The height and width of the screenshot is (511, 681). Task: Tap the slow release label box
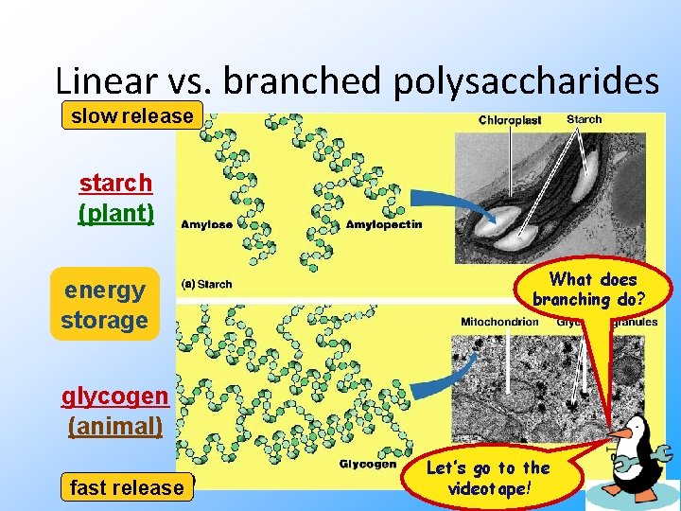(132, 116)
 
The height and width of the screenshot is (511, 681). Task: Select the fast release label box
(127, 487)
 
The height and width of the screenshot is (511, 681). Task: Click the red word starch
(115, 182)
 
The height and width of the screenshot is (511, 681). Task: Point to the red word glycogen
(115, 396)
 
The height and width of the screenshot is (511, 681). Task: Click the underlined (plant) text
(115, 212)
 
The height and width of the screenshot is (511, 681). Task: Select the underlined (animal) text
(115, 426)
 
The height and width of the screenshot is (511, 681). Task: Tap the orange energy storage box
(104, 305)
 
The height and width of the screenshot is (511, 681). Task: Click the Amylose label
(206, 224)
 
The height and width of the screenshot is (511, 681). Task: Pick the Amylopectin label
(384, 224)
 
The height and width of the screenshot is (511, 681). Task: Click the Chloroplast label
(510, 120)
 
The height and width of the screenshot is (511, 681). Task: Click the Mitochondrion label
(499, 322)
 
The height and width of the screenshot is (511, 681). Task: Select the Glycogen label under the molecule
(368, 464)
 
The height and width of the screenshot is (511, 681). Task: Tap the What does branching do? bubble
(593, 289)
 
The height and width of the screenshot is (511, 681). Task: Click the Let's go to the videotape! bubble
(488, 479)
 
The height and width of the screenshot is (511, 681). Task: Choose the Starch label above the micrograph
(584, 119)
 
